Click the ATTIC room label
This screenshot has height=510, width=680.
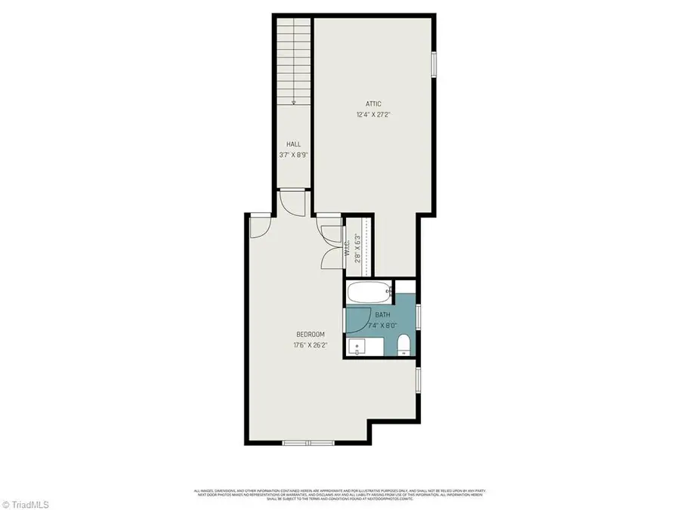click(x=373, y=104)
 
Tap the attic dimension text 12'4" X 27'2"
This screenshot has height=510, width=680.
click(x=373, y=116)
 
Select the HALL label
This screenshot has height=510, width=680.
click(x=293, y=144)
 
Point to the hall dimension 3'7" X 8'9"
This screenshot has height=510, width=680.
click(x=293, y=155)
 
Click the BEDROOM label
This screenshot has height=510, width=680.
click(x=310, y=335)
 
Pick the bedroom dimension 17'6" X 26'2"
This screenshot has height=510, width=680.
click(x=310, y=346)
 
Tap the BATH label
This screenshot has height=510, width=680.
click(x=382, y=315)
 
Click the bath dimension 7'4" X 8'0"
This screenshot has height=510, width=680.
click(x=382, y=326)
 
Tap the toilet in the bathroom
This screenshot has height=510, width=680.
click(x=403, y=344)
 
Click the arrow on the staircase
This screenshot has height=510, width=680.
click(x=293, y=102)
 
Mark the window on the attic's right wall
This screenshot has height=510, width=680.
click(x=434, y=64)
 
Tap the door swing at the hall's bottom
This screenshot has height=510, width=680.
click(x=291, y=200)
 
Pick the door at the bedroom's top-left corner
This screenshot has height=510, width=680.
click(x=260, y=224)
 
